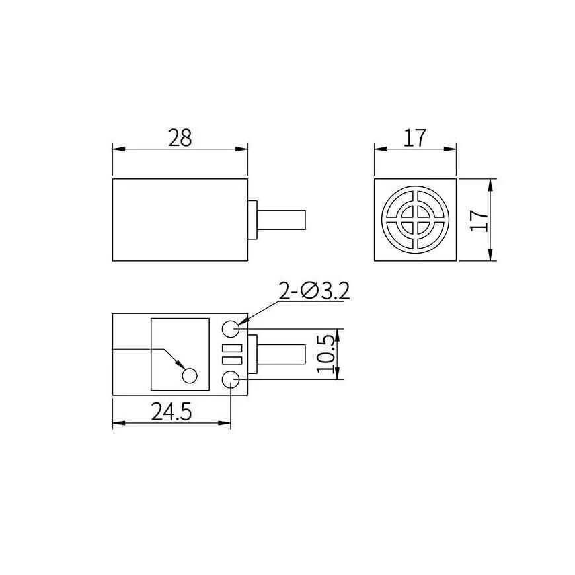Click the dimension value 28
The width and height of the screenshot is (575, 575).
pyautogui.click(x=180, y=137)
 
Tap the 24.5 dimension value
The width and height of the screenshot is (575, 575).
pyautogui.click(x=171, y=412)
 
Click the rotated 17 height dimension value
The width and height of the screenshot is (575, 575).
pyautogui.click(x=481, y=219)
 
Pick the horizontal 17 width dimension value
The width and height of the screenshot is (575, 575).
pyautogui.click(x=415, y=137)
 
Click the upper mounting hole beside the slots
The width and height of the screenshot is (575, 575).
pyautogui.click(x=231, y=328)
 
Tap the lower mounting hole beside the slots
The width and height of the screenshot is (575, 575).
pyautogui.click(x=231, y=379)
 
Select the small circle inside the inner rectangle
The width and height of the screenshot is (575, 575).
pyautogui.click(x=190, y=375)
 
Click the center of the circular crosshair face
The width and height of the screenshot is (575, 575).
pyautogui.click(x=416, y=220)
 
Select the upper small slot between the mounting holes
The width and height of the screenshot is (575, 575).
pyautogui.click(x=231, y=348)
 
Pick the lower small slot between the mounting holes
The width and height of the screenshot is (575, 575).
pyautogui.click(x=231, y=360)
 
